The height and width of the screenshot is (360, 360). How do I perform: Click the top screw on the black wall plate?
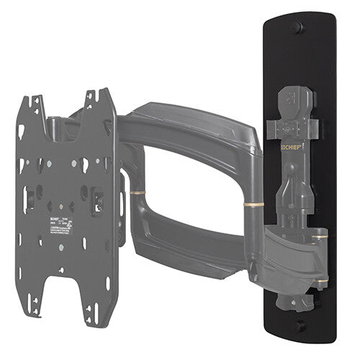click(295, 27)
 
